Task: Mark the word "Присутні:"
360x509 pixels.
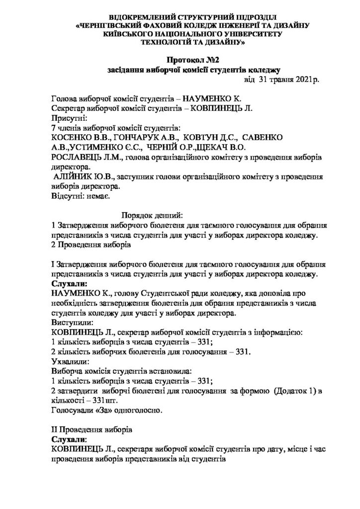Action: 69,118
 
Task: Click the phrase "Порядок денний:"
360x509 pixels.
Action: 152,215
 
